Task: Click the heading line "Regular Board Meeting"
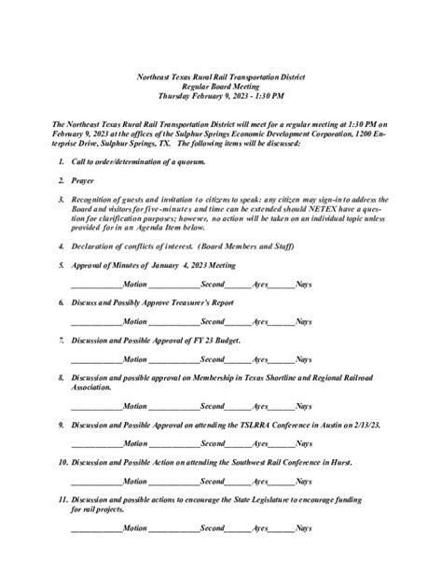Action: point(221,84)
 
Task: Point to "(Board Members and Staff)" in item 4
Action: point(242,246)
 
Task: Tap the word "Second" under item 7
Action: point(213,359)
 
